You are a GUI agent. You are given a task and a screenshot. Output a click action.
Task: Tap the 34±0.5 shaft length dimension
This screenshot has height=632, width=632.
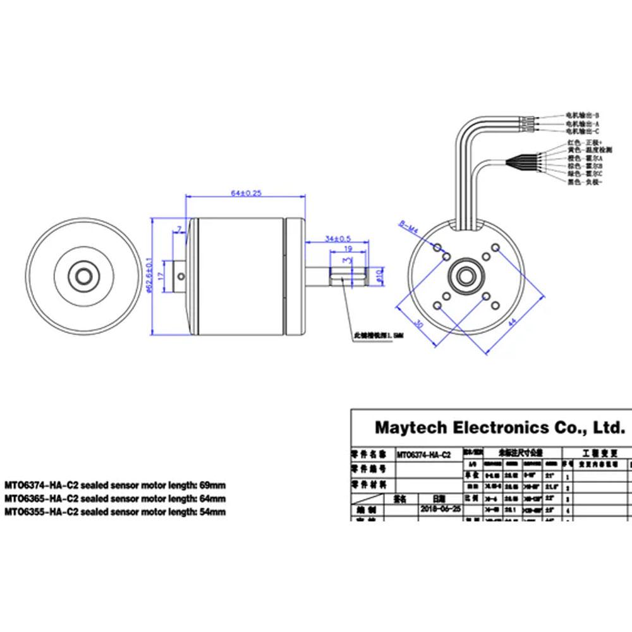coord(337,238)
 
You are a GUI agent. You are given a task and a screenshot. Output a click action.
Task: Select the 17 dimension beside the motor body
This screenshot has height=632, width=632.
coord(162,276)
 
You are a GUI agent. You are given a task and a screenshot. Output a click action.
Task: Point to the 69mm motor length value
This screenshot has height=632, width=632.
coord(212,485)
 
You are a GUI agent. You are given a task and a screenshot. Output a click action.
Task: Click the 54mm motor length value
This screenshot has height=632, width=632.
coord(212,512)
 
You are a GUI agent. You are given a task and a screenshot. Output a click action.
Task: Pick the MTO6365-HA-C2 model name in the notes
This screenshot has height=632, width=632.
coord(39,499)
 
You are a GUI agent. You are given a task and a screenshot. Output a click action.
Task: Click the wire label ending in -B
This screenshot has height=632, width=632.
coord(581,116)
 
